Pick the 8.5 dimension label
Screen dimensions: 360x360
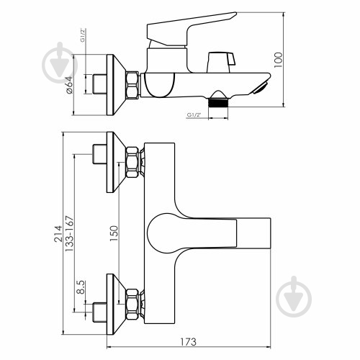click(x=81, y=289)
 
